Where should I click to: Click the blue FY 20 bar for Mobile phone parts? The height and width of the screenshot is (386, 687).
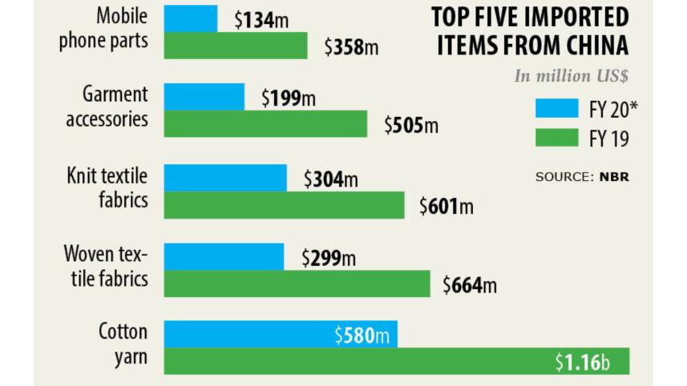(191, 18)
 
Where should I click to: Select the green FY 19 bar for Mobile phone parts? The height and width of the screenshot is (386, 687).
(236, 46)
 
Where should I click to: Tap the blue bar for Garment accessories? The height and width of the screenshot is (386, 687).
(204, 97)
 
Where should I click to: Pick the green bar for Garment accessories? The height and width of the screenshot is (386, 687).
(265, 124)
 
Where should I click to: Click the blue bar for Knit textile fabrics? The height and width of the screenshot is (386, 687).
(225, 179)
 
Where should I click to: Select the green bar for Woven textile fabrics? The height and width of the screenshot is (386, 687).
(297, 284)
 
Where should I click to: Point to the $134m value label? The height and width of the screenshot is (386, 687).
(261, 21)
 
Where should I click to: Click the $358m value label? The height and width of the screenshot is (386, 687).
(351, 47)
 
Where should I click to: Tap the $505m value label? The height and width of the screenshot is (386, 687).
(411, 126)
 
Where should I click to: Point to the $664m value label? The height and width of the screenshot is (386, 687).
(470, 285)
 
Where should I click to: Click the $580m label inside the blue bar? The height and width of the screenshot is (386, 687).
(362, 336)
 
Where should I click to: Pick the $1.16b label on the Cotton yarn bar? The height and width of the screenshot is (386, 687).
(583, 363)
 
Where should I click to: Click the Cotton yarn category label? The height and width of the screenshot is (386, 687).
(123, 344)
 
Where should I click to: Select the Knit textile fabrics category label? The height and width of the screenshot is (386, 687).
(107, 187)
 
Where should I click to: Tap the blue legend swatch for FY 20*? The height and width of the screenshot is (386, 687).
(556, 109)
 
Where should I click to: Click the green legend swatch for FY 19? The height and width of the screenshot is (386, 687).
(556, 139)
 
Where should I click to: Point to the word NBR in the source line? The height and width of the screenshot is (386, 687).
(614, 176)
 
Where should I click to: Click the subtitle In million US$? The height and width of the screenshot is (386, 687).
(572, 77)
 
